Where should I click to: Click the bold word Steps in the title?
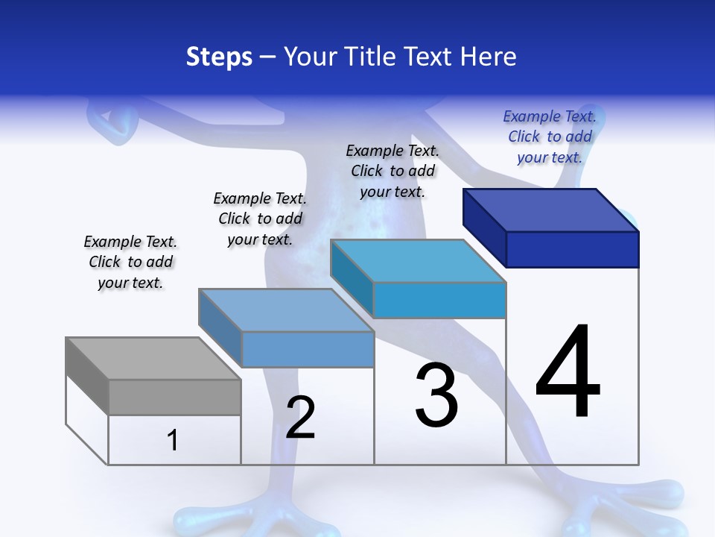point(219,57)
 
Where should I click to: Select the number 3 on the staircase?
point(436,395)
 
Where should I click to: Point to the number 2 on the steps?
point(301,418)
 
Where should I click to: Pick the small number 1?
point(173,441)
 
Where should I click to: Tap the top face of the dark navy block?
point(551,210)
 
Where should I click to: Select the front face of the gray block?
point(174,398)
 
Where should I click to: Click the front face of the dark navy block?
point(572,249)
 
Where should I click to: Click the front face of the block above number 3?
point(439,301)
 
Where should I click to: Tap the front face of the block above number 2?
point(308,349)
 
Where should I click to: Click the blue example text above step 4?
point(550,136)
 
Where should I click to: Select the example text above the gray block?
point(130,262)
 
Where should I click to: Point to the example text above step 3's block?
point(393,171)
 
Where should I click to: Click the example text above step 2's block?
point(260,219)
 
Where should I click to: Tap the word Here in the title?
point(489,57)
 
